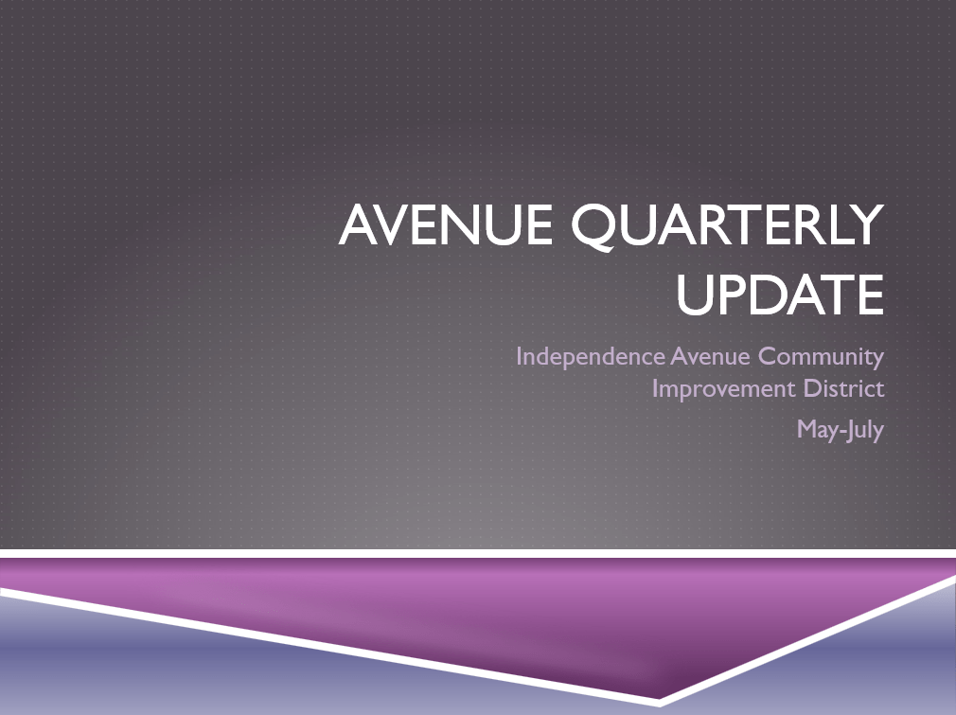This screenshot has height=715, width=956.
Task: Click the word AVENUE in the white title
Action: (446, 224)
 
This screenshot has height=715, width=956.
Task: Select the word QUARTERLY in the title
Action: (727, 226)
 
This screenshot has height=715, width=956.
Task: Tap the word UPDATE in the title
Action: (780, 295)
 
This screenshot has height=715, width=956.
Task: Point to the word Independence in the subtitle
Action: (591, 357)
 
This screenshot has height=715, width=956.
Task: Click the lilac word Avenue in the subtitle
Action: (710, 356)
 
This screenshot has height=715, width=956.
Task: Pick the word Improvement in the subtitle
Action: (724, 389)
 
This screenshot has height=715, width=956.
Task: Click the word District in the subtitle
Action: (843, 388)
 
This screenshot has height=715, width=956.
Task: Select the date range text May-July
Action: (841, 430)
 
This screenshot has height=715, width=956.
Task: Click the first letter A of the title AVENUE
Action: (359, 225)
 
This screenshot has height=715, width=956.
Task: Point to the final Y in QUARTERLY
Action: (866, 225)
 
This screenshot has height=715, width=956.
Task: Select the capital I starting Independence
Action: (519, 357)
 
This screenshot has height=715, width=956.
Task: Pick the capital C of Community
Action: (768, 357)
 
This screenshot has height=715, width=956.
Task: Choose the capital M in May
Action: (807, 430)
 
